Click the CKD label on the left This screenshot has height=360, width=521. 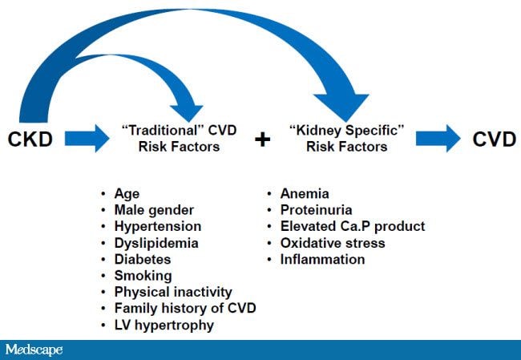[30, 140]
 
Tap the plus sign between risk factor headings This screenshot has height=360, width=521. [261, 140]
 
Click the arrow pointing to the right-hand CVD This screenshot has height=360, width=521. [437, 140]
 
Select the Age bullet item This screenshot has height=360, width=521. [127, 193]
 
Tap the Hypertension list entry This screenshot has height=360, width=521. [157, 227]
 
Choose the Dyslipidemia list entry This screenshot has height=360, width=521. [155, 243]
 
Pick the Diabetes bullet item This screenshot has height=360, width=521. [142, 260]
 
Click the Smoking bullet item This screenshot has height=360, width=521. [143, 276]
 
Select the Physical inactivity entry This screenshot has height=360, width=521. [172, 293]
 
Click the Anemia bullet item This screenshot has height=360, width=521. [305, 193]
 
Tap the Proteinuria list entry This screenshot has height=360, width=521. [315, 210]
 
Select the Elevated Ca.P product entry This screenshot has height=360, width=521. [352, 227]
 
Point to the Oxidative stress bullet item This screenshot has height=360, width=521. [332, 243]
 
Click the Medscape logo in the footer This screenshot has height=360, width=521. [34, 350]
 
